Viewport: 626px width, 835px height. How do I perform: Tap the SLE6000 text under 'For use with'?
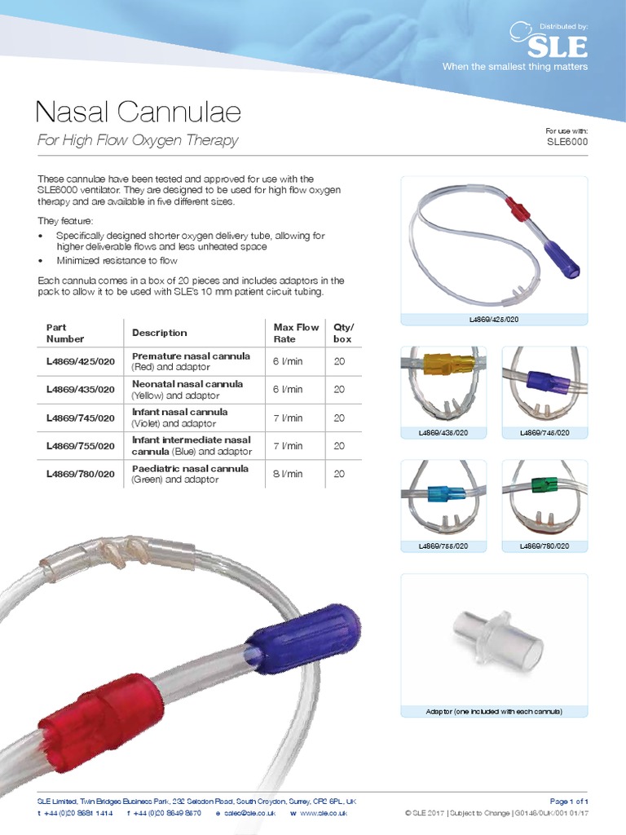566,141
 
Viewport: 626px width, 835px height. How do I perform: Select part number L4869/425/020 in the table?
81,361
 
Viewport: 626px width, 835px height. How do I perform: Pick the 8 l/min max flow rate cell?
288,474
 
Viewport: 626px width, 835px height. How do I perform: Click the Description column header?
160,333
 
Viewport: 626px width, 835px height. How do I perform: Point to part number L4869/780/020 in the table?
81,474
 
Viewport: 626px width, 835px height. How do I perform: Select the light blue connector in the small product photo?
446,494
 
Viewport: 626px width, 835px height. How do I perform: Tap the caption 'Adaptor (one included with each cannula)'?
494,712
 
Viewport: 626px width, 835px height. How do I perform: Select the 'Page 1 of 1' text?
569,802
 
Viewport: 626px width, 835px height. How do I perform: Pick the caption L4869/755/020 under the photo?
443,546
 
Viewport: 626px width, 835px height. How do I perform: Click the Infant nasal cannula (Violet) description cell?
180,417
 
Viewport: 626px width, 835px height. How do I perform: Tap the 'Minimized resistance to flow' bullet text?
117,261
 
